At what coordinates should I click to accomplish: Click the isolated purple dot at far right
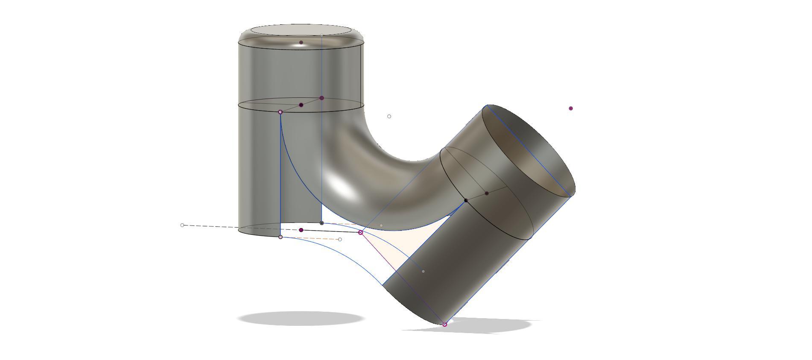pos(571,108)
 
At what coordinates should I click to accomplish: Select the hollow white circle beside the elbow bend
pos(389,116)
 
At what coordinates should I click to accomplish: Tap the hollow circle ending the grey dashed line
pos(182,225)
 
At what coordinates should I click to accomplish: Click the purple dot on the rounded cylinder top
pos(301,42)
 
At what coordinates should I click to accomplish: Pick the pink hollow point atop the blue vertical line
pos(280,112)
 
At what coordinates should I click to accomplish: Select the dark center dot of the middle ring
pos(301,105)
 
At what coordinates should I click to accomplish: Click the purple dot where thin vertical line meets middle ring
pos(321,98)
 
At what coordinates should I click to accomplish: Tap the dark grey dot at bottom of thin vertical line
pos(321,223)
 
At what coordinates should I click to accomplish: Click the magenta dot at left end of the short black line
pos(301,230)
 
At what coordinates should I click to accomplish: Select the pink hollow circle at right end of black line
pos(360,232)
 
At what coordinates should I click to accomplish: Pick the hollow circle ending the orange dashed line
pos(340,240)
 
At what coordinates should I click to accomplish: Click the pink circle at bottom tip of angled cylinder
pos(444,325)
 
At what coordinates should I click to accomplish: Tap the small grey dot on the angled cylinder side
pos(423,271)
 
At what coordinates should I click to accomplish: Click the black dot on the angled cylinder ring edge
pos(466,200)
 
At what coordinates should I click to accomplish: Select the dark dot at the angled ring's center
pos(487,193)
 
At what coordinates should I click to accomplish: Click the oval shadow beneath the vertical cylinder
pos(301,319)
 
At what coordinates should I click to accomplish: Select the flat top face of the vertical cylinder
pos(301,30)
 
